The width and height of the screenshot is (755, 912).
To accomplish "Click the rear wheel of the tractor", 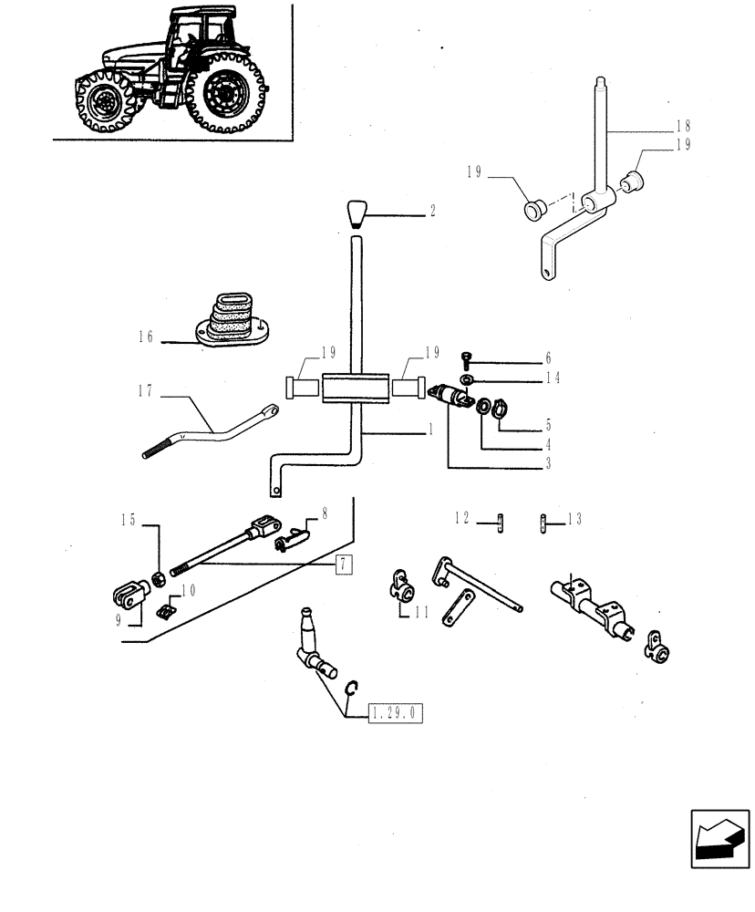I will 225,94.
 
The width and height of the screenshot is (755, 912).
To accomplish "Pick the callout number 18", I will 684,126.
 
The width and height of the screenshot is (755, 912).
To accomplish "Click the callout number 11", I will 419,613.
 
